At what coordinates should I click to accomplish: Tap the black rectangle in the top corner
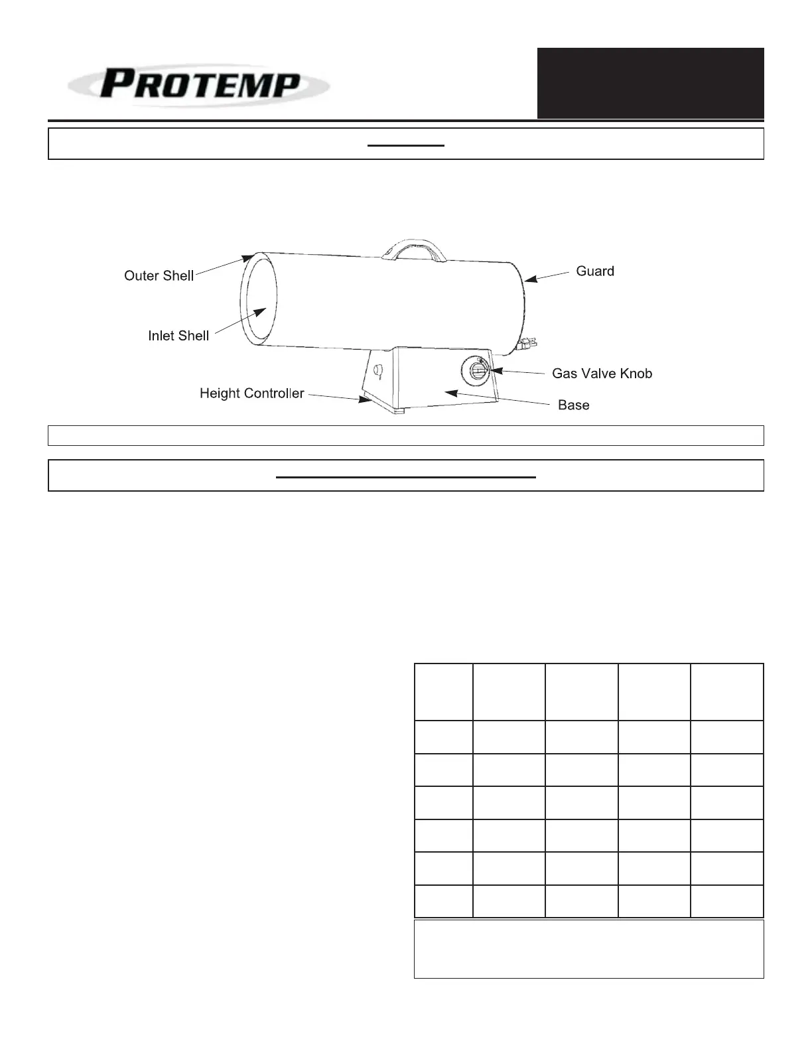pos(650,83)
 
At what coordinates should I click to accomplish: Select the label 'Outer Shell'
pos(159,276)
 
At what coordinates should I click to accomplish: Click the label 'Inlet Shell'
pos(178,336)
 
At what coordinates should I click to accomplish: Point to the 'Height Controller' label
pos(251,393)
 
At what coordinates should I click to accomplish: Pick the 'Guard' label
pos(594,271)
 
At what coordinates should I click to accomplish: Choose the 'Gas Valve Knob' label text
pos(602,374)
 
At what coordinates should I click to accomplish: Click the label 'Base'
pos(573,405)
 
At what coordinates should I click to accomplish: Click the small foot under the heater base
pos(397,411)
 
